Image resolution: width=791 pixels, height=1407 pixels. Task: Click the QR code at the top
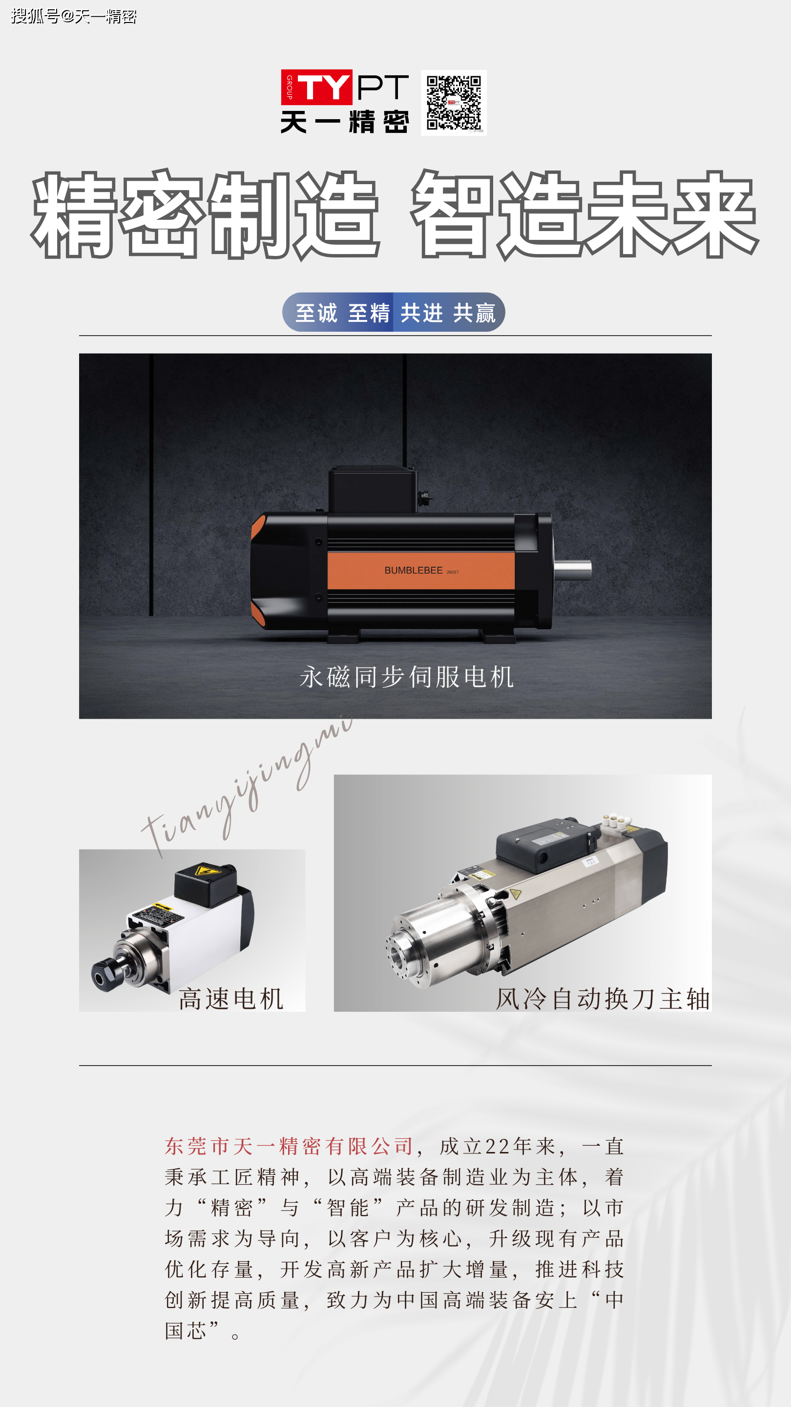tap(454, 103)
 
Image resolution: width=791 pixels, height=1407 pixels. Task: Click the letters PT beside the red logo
tap(383, 87)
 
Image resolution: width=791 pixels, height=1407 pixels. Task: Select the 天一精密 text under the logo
tap(345, 122)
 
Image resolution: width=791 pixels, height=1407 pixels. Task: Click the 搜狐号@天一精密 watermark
tap(74, 17)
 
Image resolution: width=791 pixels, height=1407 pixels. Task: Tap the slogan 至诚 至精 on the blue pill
tap(343, 313)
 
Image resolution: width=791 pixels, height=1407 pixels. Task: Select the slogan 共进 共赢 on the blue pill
tap(448, 313)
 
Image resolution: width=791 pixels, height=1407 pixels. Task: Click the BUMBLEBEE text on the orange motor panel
tap(413, 570)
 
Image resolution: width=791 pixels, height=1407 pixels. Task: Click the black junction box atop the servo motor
tap(373, 490)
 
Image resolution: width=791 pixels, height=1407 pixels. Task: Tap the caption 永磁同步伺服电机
tap(407, 677)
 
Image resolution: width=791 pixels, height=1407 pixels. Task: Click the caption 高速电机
tap(231, 999)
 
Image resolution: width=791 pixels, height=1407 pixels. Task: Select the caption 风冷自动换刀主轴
tap(603, 999)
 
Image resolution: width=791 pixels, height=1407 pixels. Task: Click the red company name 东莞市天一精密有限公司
tap(290, 1146)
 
